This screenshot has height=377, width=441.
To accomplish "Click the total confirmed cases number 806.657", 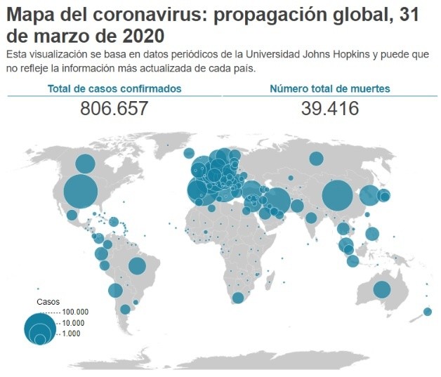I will (114, 108).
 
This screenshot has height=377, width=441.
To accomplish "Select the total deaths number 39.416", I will (329, 108).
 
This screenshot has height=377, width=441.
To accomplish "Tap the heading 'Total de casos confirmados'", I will (114, 88).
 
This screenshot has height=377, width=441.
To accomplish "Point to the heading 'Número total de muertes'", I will (330, 88).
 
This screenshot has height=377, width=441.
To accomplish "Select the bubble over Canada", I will (84, 164).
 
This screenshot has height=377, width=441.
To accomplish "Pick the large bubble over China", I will (337, 196).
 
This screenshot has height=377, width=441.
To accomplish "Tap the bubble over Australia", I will (382, 289).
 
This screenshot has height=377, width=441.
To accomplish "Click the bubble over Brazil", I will (137, 266).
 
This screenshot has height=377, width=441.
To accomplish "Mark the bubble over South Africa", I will (238, 298).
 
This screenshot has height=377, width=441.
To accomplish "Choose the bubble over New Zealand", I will (427, 312).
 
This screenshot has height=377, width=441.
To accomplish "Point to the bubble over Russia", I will (316, 158).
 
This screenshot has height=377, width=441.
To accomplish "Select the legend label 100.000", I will (76, 312).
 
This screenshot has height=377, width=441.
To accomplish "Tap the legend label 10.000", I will (74, 323).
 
